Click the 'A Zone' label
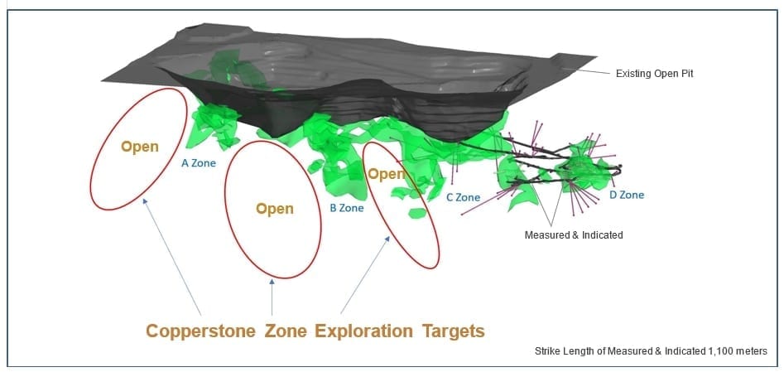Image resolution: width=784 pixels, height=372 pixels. pyautogui.click(x=199, y=162)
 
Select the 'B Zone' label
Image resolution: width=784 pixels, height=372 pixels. pyautogui.click(x=347, y=208)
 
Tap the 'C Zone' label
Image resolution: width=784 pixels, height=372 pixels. pyautogui.click(x=463, y=197)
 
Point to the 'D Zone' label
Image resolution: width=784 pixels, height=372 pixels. pyautogui.click(x=627, y=195)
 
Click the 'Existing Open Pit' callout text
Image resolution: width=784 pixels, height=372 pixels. pyautogui.click(x=655, y=74)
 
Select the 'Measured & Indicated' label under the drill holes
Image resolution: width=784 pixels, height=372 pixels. pyautogui.click(x=574, y=234)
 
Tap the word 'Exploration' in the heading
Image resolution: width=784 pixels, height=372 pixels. pyautogui.click(x=363, y=331)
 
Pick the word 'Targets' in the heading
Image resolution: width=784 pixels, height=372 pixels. pyautogui.click(x=454, y=331)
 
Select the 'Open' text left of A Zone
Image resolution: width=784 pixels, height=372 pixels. pyautogui.click(x=140, y=147)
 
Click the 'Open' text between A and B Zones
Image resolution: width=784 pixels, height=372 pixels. pyautogui.click(x=275, y=208)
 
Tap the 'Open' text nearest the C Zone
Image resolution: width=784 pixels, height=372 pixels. pyautogui.click(x=386, y=174)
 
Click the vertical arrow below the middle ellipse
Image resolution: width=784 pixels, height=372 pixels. pyautogui.click(x=272, y=297)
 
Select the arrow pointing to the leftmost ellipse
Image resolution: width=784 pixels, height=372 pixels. pyautogui.click(x=172, y=256)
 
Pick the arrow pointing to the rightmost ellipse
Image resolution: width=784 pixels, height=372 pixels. pyautogui.click(x=365, y=275)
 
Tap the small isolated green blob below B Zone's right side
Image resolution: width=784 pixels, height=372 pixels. pyautogui.click(x=417, y=213)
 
